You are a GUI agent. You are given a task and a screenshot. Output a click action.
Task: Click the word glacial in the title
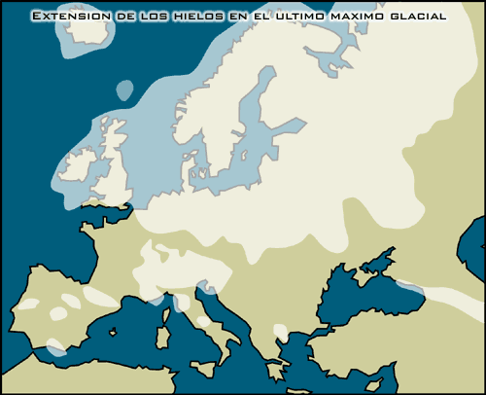point(420,17)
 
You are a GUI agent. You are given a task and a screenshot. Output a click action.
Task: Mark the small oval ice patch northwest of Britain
point(123,90)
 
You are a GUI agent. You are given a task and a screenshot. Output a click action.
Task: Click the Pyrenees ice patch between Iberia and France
point(100,297)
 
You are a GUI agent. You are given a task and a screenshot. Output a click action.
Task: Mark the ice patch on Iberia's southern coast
point(55,345)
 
